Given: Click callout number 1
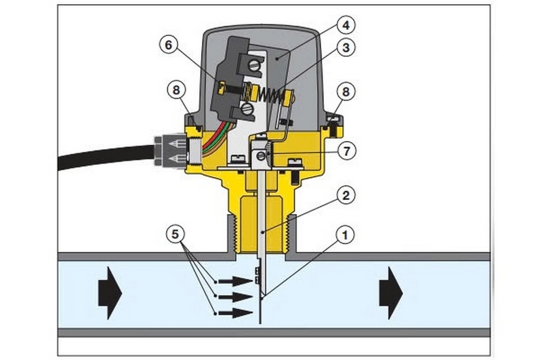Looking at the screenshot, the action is coord(345,235).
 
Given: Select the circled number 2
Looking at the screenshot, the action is coord(346,196).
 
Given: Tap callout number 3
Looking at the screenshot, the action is coord(346,47).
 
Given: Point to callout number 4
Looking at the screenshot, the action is coord(346,25).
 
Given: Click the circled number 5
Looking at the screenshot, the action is coord(175,235).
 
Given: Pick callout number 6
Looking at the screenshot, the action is coord(169,45).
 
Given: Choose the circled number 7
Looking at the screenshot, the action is coord(346,151).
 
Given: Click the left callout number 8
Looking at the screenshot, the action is coord(176,91).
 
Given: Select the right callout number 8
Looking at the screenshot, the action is coord(346,92).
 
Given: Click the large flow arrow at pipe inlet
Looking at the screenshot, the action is coord(110,293).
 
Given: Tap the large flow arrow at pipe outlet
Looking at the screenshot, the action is coord(391,293).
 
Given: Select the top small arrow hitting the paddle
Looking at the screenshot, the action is coord(236,281).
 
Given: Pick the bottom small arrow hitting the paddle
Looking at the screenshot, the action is coord(236,313).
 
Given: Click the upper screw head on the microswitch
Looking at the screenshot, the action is coord(254,65).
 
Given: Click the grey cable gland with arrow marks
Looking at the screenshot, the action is coord(170,151).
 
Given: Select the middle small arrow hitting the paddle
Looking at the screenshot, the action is coord(236,297).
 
